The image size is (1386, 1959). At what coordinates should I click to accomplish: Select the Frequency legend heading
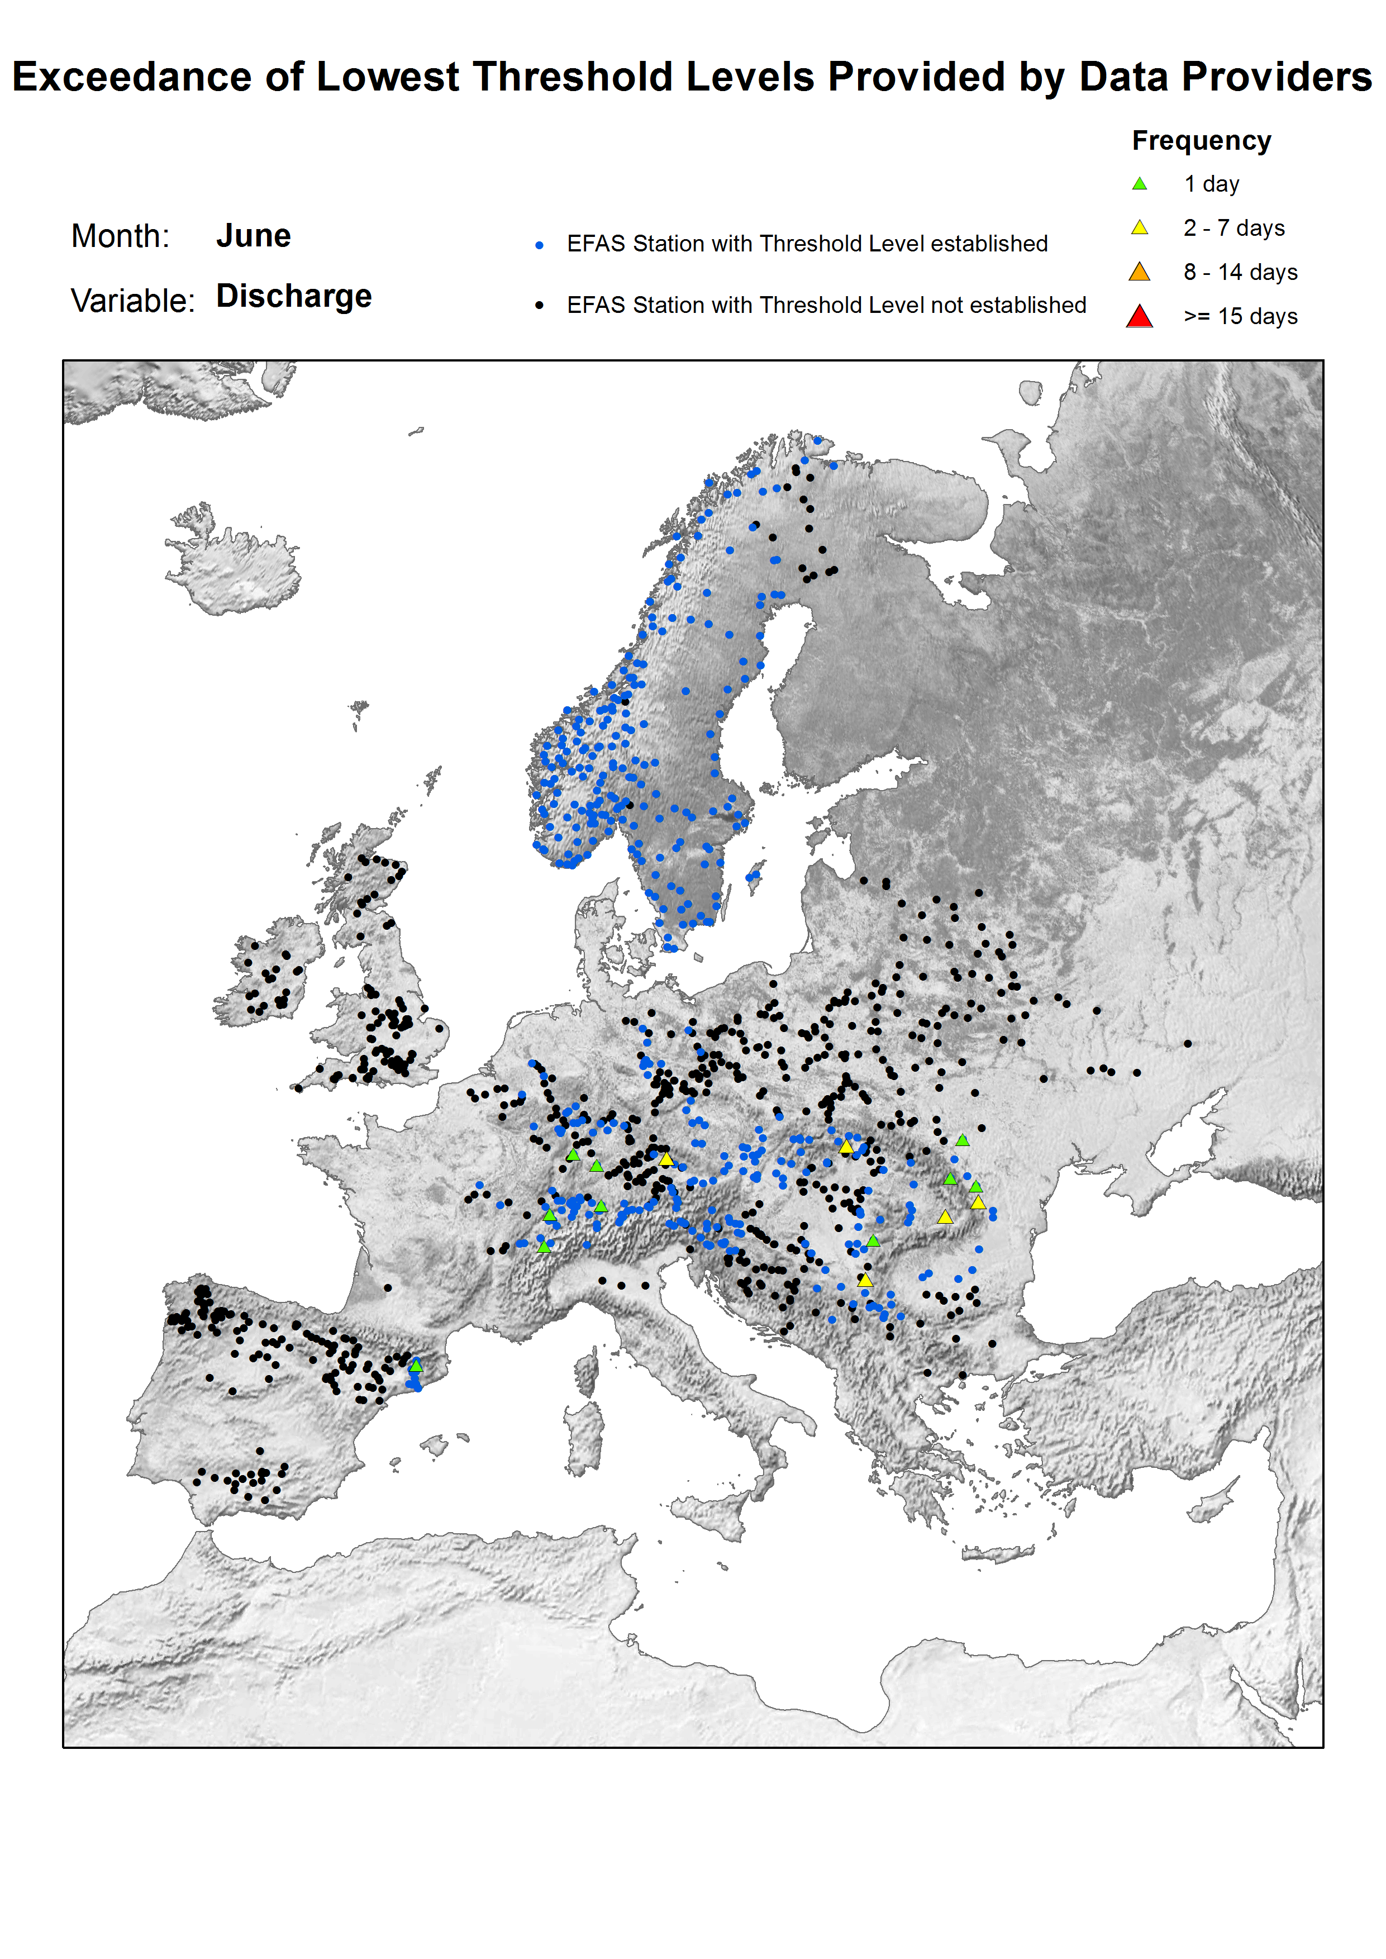tap(1201, 141)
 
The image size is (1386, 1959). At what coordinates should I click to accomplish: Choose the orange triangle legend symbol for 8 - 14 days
tap(1139, 272)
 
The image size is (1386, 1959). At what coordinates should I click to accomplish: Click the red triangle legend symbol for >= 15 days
tap(1139, 317)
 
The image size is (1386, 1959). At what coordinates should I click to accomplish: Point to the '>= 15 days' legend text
tap(1240, 317)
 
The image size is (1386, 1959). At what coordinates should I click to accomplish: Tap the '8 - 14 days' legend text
tap(1240, 272)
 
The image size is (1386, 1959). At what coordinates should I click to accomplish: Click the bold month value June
tap(254, 236)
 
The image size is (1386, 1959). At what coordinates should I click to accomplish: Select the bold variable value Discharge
tap(294, 296)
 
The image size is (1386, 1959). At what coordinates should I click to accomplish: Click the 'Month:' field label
tap(120, 236)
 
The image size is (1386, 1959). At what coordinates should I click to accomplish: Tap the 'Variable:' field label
tap(133, 301)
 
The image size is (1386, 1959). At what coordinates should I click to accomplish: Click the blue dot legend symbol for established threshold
tap(540, 245)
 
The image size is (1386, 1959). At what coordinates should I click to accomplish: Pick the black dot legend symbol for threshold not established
tap(540, 306)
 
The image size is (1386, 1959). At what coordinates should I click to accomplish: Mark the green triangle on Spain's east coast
tap(416, 1366)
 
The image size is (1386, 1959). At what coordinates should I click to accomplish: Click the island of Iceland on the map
tap(232, 568)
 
